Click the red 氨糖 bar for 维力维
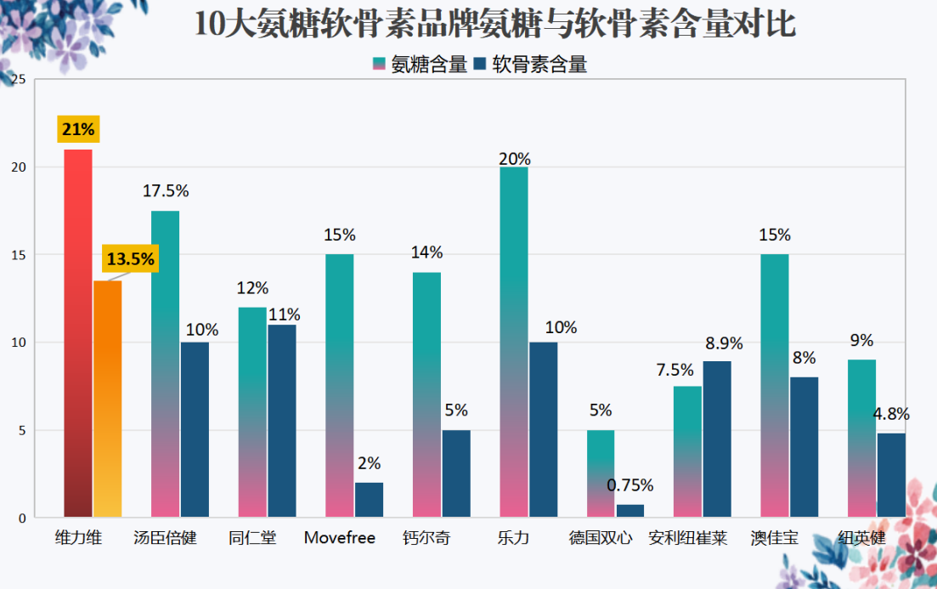click(78, 333)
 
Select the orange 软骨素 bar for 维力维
click(108, 399)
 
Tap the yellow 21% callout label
click(78, 129)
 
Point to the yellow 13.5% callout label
click(130, 259)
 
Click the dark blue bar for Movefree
click(370, 500)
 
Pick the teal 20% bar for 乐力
click(514, 342)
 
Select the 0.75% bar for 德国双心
click(630, 511)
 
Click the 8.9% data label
click(724, 343)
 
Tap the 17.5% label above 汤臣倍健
click(166, 190)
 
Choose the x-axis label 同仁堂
click(252, 537)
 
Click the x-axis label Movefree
click(340, 537)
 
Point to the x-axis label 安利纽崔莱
click(688, 537)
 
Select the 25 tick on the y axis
click(19, 79)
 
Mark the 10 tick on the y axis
click(19, 343)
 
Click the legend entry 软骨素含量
click(530, 65)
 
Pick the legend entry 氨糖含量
click(421, 65)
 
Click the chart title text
click(494, 24)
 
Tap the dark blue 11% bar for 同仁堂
click(282, 421)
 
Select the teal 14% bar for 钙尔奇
click(426, 394)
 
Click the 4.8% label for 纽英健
click(891, 414)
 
